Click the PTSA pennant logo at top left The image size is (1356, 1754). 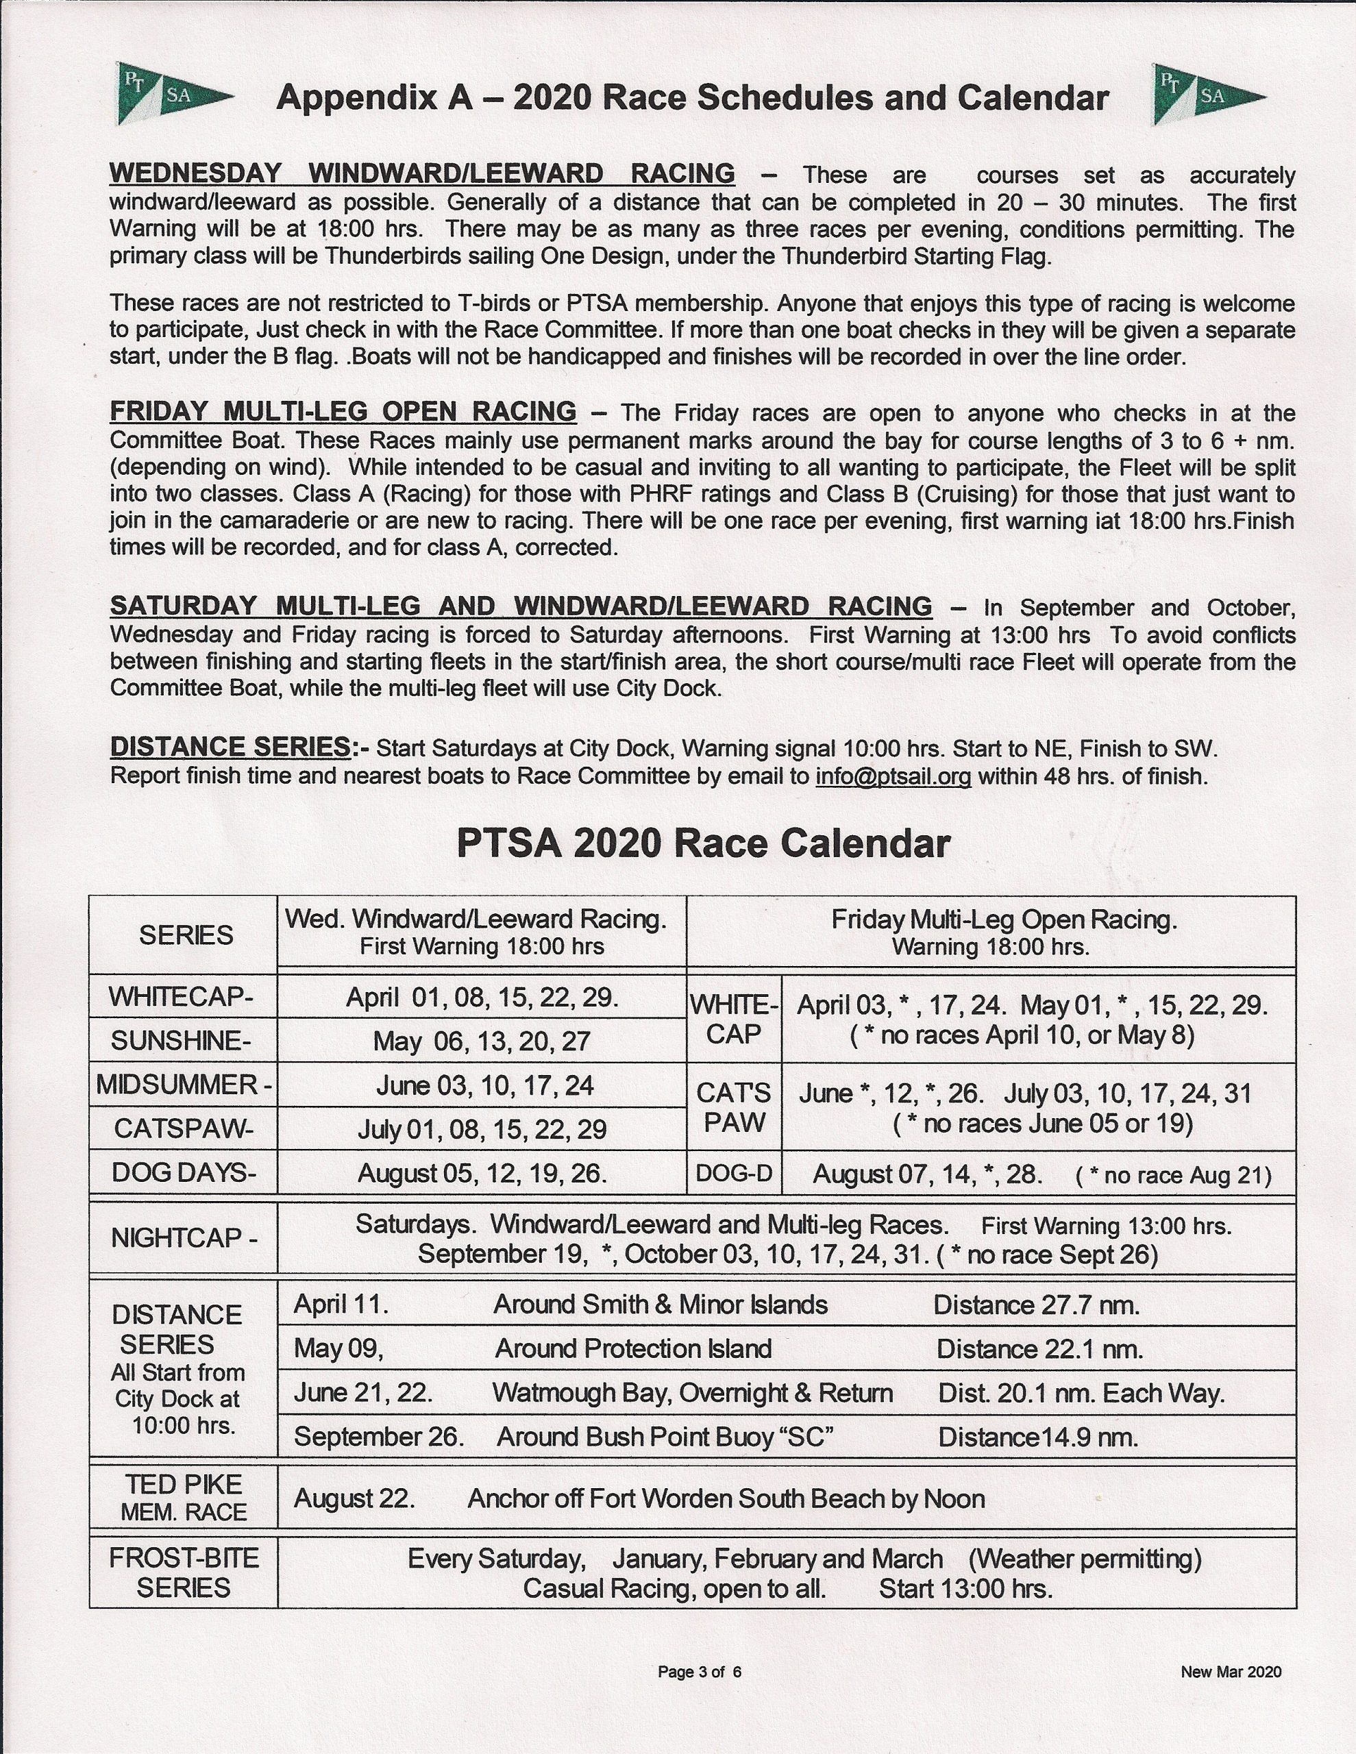coord(173,95)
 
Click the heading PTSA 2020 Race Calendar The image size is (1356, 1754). coord(703,844)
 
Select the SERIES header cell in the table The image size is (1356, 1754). coord(186,935)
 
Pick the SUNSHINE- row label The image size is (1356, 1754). coord(181,1041)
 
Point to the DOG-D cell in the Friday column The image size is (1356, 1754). coord(733,1174)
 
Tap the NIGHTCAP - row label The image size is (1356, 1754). coord(184,1237)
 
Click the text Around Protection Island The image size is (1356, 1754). coord(633,1348)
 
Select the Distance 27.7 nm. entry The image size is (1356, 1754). coord(1036,1305)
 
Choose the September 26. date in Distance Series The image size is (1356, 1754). coord(379,1437)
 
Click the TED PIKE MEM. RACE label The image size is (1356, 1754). coord(183,1498)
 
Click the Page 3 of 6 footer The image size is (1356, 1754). coord(699,1672)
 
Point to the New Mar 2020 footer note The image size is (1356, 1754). coord(1231,1672)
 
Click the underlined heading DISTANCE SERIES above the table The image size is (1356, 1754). coord(230,747)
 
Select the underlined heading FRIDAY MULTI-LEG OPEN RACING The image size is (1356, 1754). coord(343,412)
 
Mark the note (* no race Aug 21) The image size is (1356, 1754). coord(1173,1176)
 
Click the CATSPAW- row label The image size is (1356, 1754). coord(183,1129)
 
